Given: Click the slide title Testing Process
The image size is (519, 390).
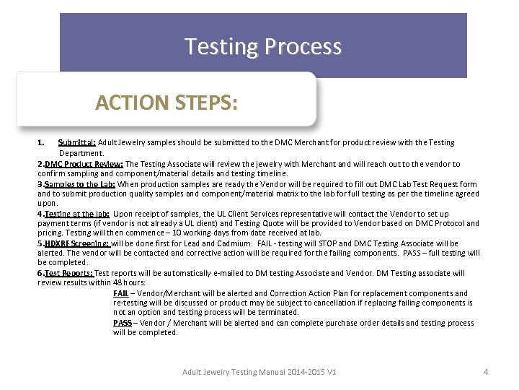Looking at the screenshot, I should click(263, 47).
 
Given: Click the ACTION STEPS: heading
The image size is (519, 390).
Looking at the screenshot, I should click(166, 103).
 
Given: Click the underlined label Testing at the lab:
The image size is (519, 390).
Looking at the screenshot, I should click(77, 214).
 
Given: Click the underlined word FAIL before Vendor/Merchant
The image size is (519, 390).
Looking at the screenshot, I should click(121, 294).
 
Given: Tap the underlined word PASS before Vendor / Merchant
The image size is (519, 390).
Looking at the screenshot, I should click(123, 323).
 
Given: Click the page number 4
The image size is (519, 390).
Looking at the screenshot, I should click(486, 372).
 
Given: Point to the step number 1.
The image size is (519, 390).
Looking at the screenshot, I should click(41, 143).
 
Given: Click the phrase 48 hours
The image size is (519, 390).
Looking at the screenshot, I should click(130, 283).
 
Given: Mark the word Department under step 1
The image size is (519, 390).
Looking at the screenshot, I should click(81, 153).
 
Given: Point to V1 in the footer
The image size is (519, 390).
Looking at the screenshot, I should click(332, 372).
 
